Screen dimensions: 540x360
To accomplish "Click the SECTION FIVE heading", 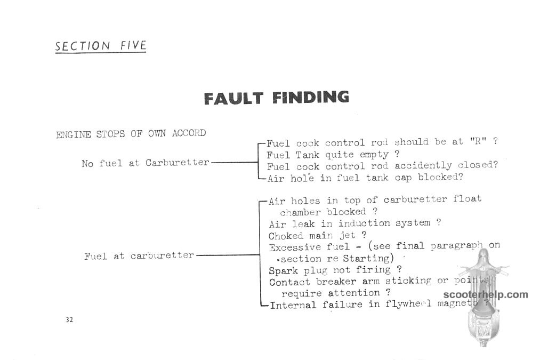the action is click(x=101, y=46).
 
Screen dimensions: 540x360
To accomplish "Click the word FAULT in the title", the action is click(x=234, y=98).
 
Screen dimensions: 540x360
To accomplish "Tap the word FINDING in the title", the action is click(x=311, y=97).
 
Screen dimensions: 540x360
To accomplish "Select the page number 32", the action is click(x=69, y=319).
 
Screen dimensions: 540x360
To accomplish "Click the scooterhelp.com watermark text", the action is click(x=486, y=294).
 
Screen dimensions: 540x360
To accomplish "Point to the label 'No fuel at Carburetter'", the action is click(x=146, y=163).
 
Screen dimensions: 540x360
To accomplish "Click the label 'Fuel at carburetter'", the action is click(x=139, y=255).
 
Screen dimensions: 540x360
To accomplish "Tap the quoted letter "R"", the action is click(x=478, y=141).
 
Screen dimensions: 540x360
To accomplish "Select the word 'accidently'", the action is click(x=423, y=166).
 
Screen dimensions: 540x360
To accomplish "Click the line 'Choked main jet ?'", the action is click(x=318, y=235).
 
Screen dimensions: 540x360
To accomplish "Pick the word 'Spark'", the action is click(x=283, y=271).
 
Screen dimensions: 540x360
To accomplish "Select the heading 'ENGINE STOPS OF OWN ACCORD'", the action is click(x=131, y=134).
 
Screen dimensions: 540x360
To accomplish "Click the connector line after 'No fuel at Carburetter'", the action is click(x=235, y=162).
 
